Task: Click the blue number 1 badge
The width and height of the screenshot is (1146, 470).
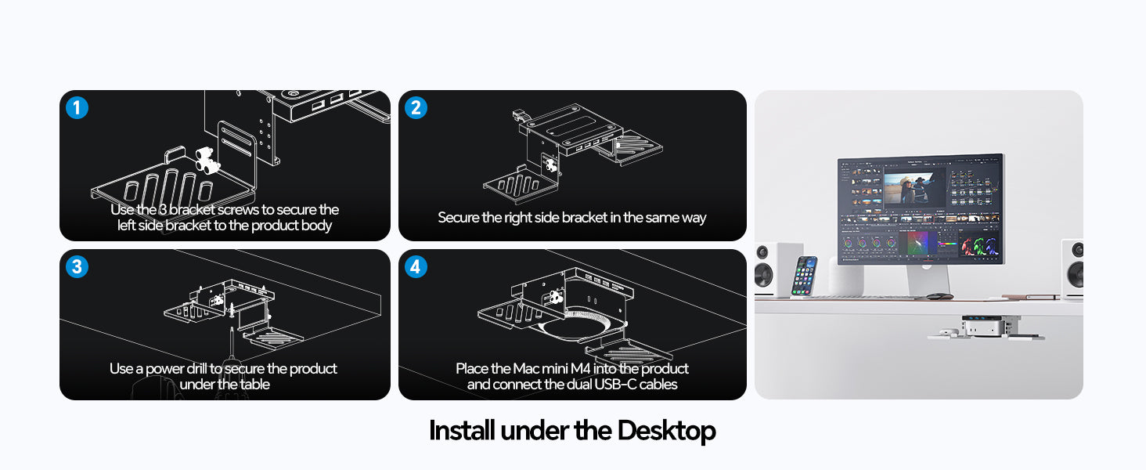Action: tap(77, 107)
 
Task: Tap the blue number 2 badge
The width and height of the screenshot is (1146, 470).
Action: tap(416, 107)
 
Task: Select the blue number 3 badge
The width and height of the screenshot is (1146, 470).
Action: tap(77, 267)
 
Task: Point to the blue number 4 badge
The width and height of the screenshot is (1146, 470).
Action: tap(416, 267)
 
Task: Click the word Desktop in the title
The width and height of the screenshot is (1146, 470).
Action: tap(666, 431)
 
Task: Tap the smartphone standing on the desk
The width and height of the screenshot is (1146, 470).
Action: tap(804, 276)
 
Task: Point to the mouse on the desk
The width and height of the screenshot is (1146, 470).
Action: tap(939, 296)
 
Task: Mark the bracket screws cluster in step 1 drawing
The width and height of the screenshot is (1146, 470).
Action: tap(207, 161)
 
